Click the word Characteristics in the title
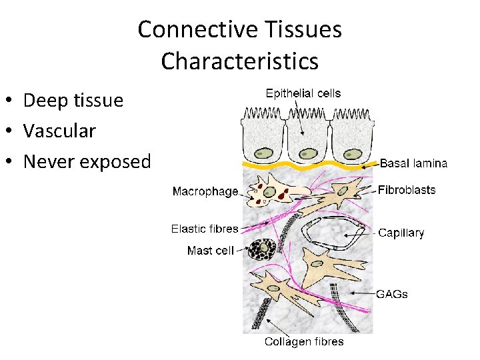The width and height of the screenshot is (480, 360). click(239, 61)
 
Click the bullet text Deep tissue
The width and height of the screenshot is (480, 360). click(73, 101)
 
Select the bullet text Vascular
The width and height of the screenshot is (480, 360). click(59, 131)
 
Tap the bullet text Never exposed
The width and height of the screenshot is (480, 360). click(87, 161)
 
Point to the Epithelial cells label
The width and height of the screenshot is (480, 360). click(303, 93)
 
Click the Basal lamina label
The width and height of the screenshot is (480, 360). click(413, 163)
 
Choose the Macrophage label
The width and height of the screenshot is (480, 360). click(205, 192)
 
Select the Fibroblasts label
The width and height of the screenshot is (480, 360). click(407, 190)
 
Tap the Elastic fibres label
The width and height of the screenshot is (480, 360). click(205, 229)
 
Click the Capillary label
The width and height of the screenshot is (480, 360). click(401, 233)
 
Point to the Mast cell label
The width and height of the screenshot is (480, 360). click(211, 251)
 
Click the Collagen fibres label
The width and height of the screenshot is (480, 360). click(304, 342)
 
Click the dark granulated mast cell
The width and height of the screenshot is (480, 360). click(262, 250)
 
